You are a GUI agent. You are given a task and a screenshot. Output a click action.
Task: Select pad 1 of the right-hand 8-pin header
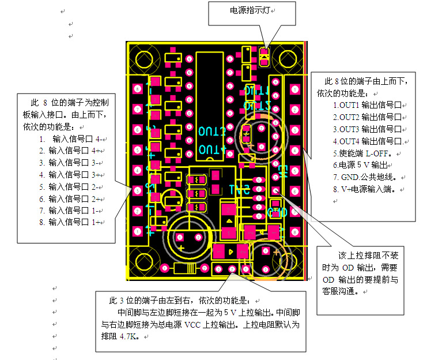(294, 89)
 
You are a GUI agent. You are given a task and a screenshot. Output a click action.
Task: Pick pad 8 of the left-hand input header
(138, 231)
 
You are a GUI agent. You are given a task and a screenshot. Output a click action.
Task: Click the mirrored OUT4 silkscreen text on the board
(211, 149)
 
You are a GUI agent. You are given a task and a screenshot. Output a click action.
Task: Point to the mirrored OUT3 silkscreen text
(211, 130)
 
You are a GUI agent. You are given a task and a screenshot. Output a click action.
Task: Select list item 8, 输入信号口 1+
(74, 222)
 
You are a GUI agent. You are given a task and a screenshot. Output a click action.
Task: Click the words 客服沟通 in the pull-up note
(340, 291)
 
